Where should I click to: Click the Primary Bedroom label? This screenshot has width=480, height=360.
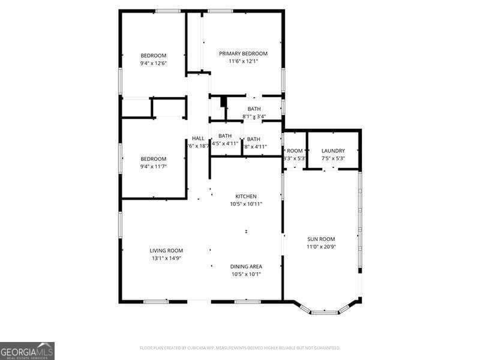[243, 53]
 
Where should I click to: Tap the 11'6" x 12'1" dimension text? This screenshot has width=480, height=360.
[243, 61]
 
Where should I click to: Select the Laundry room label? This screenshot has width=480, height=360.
[332, 151]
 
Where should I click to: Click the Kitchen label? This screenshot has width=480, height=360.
[246, 196]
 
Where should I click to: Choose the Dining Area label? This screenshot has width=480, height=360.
[246, 266]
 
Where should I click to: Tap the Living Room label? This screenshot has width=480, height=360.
[166, 250]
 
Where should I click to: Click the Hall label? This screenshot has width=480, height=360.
[198, 139]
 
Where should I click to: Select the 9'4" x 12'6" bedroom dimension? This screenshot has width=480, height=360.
[154, 63]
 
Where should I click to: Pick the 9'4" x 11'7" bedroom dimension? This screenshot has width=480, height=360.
[154, 166]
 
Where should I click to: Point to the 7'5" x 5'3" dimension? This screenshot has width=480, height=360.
[332, 158]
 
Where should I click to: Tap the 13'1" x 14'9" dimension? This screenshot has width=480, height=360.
[166, 258]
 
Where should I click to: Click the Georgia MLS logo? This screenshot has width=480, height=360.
[27, 350]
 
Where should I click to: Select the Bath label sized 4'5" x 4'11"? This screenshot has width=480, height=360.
[225, 136]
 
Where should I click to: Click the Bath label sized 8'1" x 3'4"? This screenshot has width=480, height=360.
[254, 109]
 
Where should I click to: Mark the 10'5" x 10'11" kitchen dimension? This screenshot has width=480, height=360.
[246, 204]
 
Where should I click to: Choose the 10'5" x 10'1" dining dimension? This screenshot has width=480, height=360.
[246, 274]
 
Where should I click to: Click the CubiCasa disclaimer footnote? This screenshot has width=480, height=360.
[239, 347]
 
